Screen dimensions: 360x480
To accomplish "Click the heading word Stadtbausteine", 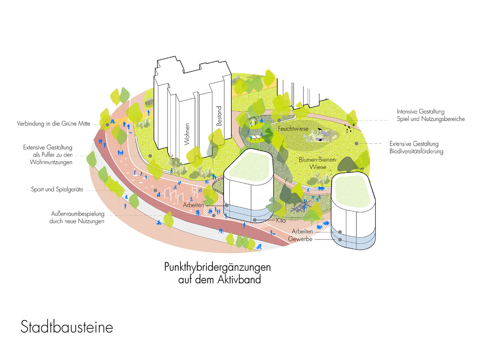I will tap(67, 327).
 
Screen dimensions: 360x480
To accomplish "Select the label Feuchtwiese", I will tap(293, 129).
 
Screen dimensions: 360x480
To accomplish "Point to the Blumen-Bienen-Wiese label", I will tap(319, 163).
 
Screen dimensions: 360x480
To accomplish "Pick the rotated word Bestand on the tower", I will tap(219, 116).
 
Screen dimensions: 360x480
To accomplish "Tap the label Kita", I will tap(280, 220).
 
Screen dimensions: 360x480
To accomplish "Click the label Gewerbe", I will tap(300, 239).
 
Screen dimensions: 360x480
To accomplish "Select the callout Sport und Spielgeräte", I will tap(57, 190).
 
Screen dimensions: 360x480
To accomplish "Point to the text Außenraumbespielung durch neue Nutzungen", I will tap(78, 217).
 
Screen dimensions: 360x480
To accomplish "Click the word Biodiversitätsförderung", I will tap(416, 152).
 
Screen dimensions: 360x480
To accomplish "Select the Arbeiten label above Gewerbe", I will tap(302, 232).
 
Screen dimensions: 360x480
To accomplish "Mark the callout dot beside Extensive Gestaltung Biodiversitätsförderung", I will tap(355, 143).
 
